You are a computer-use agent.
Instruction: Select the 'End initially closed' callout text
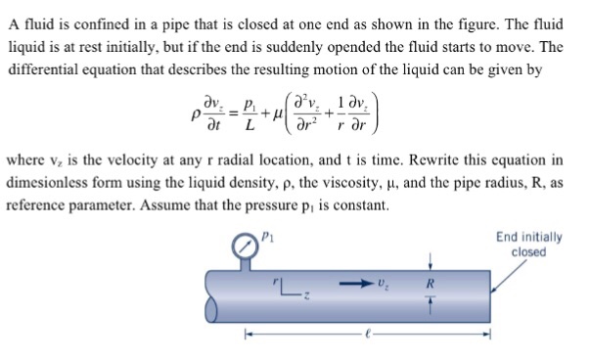pyautogui.click(x=528, y=244)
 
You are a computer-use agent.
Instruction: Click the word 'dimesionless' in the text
pyautogui.click(x=51, y=183)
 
